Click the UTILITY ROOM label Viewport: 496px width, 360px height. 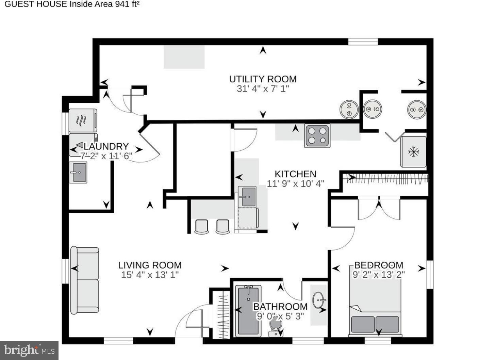click(x=263, y=79)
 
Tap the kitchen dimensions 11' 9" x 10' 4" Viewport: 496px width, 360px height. click(x=295, y=184)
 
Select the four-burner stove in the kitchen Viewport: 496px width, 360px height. click(x=317, y=136)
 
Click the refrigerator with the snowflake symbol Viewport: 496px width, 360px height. click(x=413, y=152)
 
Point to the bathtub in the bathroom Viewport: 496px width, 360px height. click(x=248, y=310)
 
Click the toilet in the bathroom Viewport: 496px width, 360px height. click(x=275, y=329)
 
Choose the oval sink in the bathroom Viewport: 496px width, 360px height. click(x=319, y=300)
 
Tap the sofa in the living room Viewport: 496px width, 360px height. click(x=85, y=280)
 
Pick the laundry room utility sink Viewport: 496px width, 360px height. click(x=78, y=172)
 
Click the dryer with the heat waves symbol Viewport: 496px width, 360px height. click(x=83, y=120)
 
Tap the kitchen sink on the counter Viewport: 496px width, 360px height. click(x=247, y=196)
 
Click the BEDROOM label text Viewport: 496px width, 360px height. click(x=379, y=265)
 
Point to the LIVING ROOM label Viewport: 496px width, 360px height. click(x=150, y=265)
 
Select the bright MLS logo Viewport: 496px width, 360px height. click(x=29, y=350)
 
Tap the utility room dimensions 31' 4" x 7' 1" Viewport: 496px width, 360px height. click(x=263, y=89)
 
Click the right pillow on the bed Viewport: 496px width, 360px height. click(x=387, y=324)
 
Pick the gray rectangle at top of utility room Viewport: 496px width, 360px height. click(x=184, y=57)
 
